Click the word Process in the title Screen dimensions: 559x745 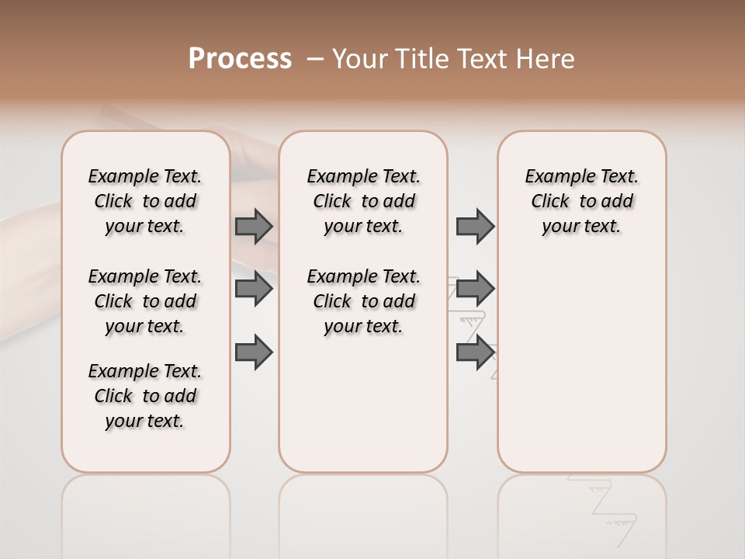[x=240, y=59]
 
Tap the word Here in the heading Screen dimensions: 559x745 [x=545, y=59]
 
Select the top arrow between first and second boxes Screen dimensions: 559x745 [x=254, y=226]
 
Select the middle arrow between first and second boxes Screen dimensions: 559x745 [x=254, y=289]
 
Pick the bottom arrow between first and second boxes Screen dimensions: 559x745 [x=254, y=352]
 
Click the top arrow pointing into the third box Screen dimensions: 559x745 [x=475, y=226]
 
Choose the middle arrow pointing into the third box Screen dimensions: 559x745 [x=475, y=289]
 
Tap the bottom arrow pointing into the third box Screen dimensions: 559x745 [x=475, y=352]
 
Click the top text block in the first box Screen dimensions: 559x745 [x=145, y=201]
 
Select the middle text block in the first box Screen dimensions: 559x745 [x=145, y=301]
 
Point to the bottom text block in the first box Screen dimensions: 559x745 [x=145, y=396]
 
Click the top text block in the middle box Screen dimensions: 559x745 [x=363, y=201]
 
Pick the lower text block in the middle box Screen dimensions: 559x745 [x=363, y=301]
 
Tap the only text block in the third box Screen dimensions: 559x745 [x=582, y=201]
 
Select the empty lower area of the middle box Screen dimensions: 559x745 [x=363, y=404]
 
